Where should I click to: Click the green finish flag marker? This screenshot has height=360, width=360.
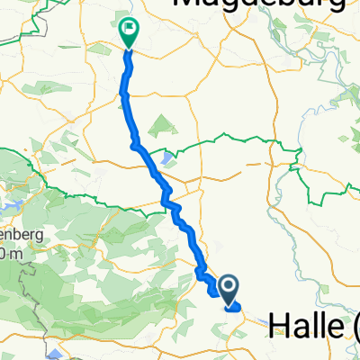tap(128, 33)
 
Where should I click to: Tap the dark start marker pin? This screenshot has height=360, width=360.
tap(228, 290)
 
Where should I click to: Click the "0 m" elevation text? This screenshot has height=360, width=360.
tap(9, 256)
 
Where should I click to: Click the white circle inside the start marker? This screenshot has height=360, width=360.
tap(228, 286)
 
